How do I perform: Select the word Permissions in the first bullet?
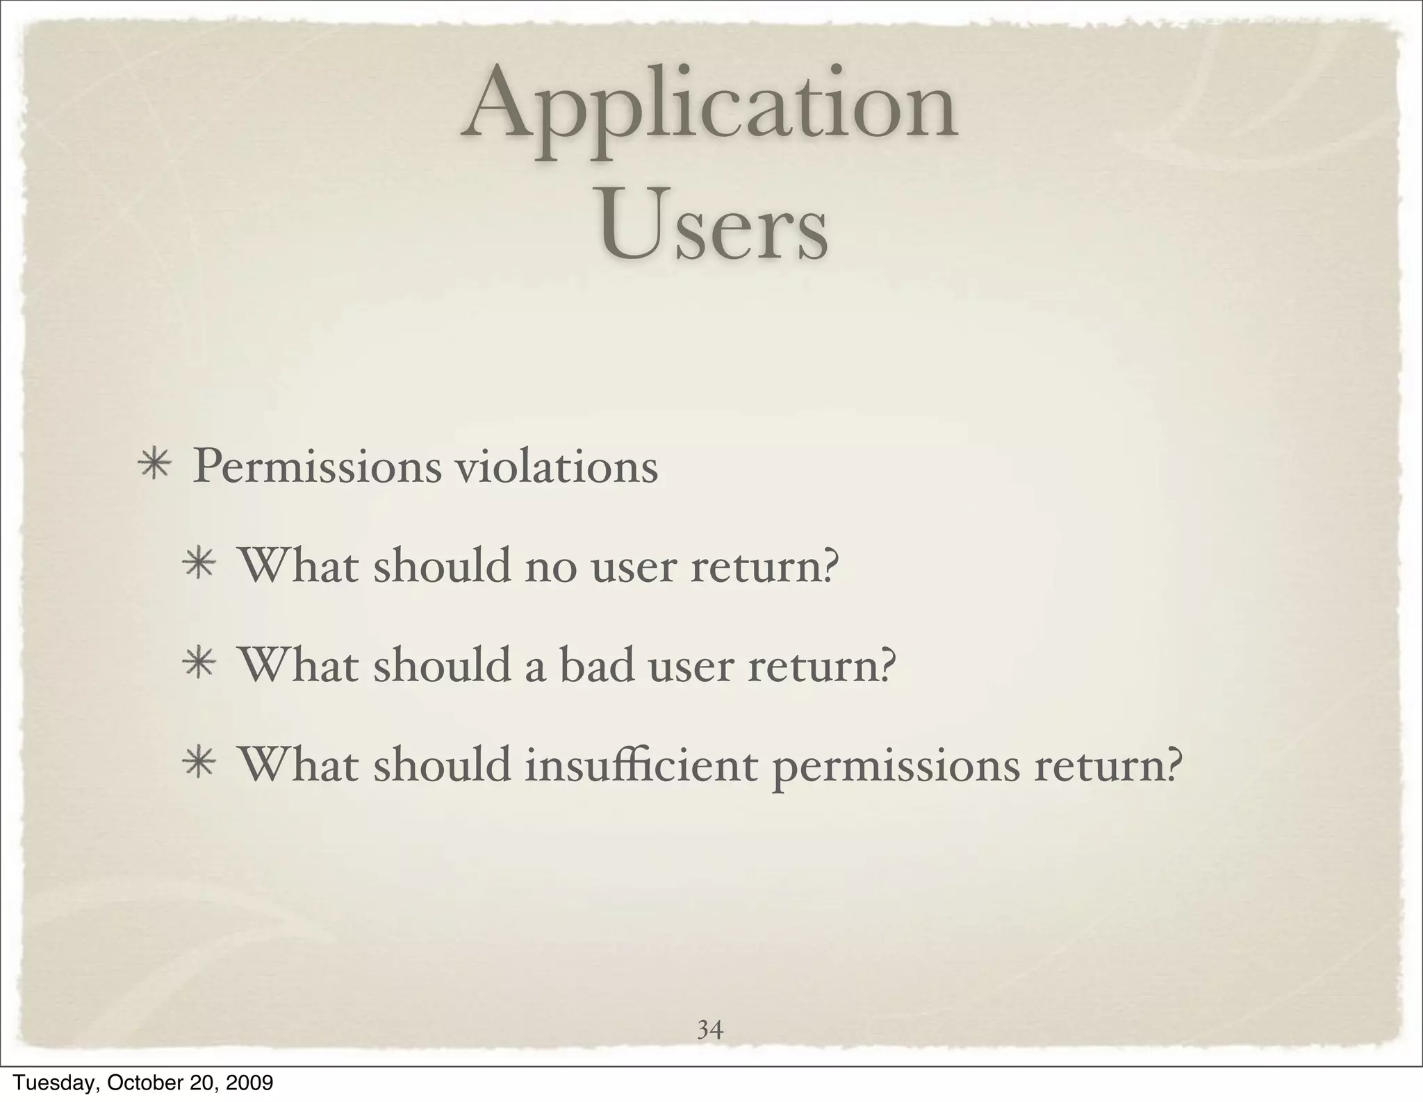(316, 467)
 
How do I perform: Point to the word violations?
(555, 466)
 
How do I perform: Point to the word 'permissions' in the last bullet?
(896, 768)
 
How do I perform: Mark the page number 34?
(710, 1029)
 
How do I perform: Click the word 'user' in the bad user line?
(690, 667)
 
